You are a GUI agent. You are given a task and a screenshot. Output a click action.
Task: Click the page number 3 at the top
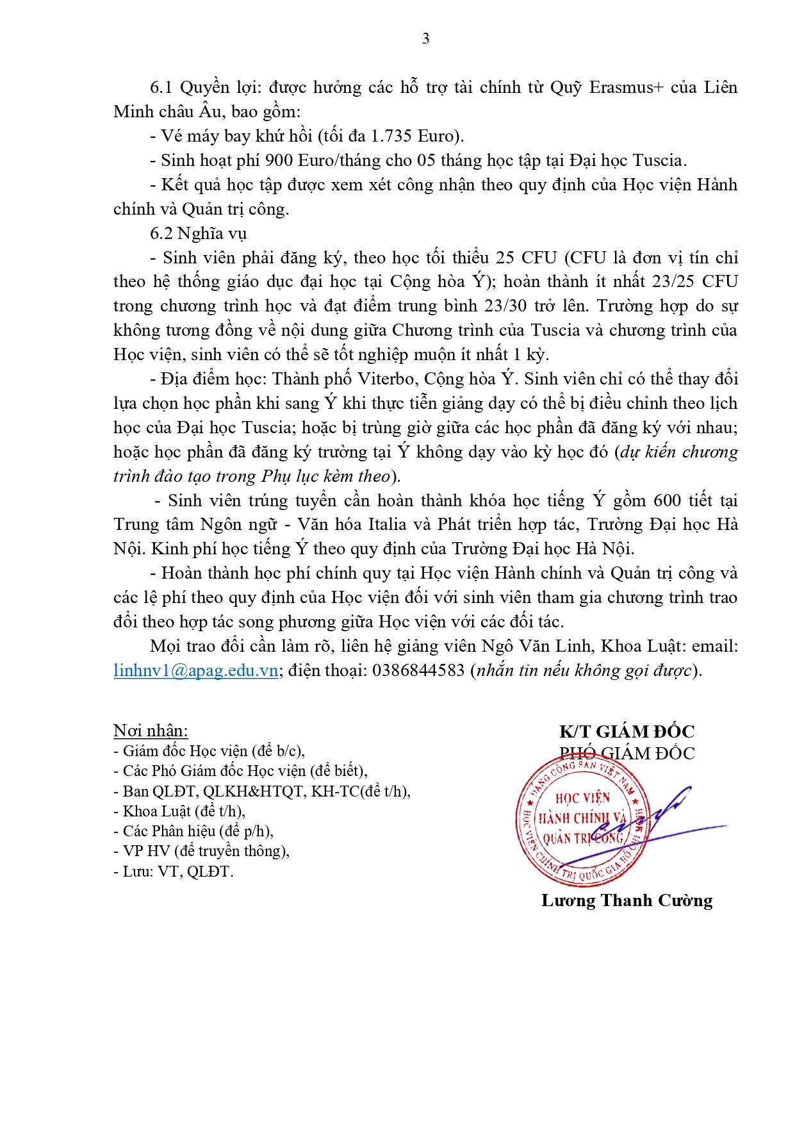[x=426, y=39]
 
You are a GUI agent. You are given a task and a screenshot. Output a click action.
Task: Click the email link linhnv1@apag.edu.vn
[x=196, y=671]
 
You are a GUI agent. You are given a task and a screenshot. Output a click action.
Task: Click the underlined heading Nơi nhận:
[x=151, y=731]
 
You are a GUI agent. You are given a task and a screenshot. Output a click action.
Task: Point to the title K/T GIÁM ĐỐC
[x=627, y=731]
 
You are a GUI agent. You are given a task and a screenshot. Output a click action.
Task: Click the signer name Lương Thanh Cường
[x=627, y=900]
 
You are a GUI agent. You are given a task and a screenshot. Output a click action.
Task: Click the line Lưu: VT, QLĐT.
[x=173, y=872]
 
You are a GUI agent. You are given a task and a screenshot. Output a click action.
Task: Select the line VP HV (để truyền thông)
[x=201, y=851]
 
